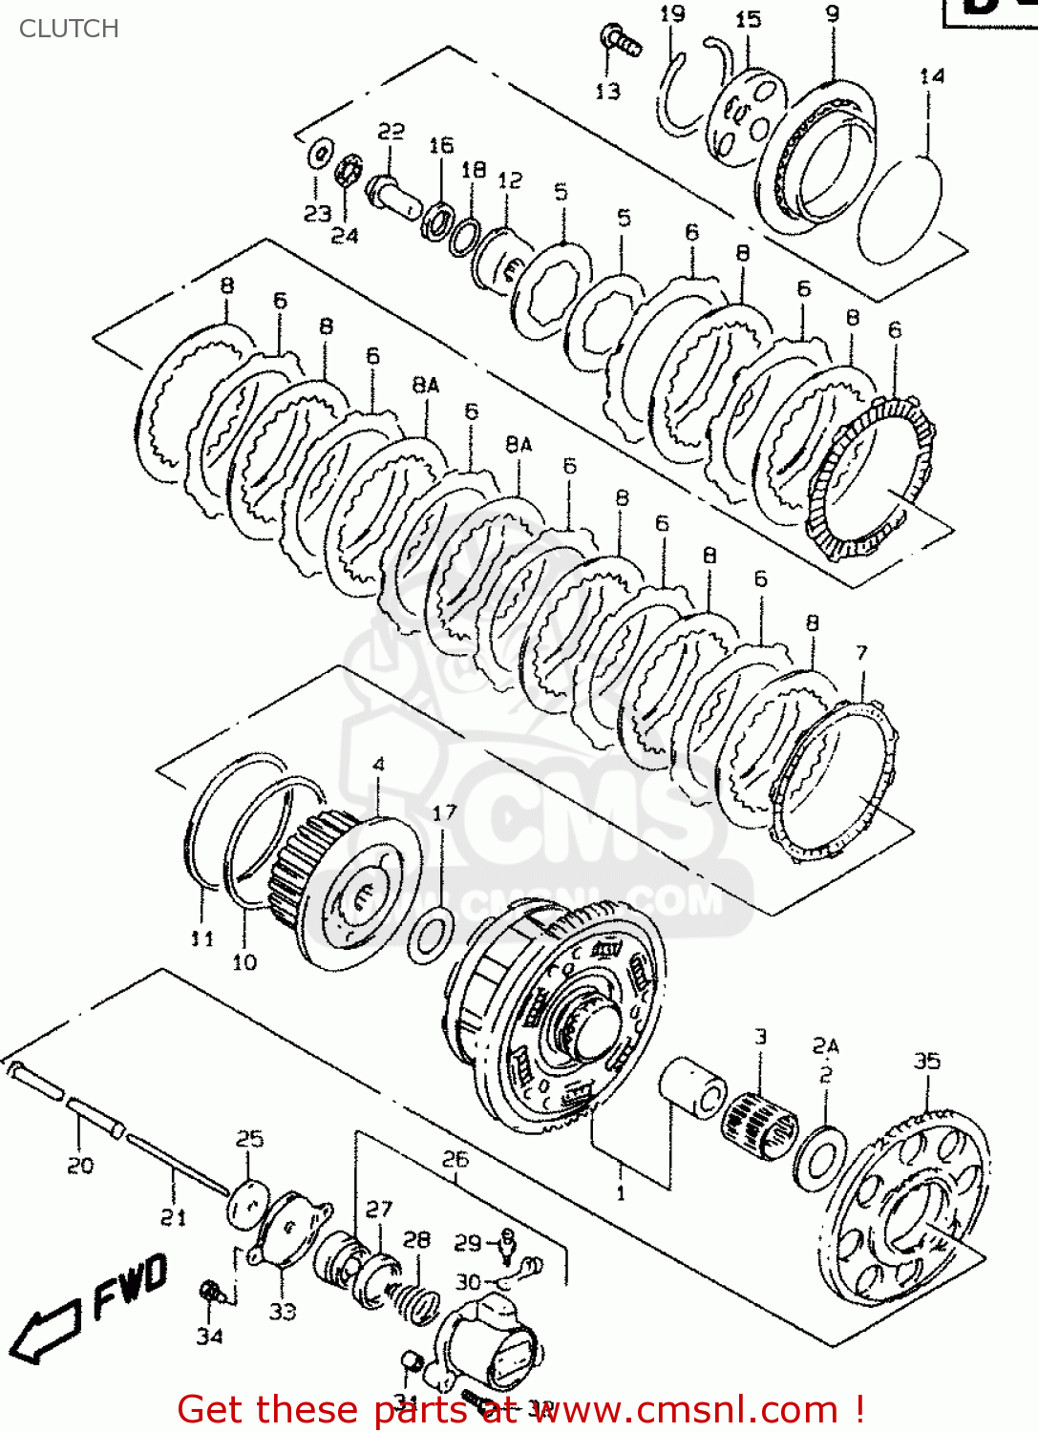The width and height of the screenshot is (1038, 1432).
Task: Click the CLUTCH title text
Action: [x=69, y=29]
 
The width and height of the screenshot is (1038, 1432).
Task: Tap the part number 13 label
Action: [x=607, y=92]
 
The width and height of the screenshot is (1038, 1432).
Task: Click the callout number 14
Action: [x=932, y=75]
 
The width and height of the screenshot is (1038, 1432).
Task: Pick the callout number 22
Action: [x=391, y=132]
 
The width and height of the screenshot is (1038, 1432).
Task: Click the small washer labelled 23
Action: [x=319, y=153]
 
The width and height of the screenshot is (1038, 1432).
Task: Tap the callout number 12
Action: [x=510, y=180]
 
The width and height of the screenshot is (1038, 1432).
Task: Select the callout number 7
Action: [x=861, y=653]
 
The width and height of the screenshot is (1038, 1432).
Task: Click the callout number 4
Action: [x=379, y=764]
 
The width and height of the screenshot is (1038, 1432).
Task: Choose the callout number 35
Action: [x=926, y=1061]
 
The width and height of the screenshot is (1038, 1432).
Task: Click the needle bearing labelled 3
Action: [x=759, y=1120]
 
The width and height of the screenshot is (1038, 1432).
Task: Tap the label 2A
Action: [x=825, y=1045]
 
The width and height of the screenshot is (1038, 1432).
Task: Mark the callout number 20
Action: [x=80, y=1165]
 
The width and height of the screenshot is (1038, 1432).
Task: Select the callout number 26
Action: [x=455, y=1159]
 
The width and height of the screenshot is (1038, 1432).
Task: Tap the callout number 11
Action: [x=201, y=938]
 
